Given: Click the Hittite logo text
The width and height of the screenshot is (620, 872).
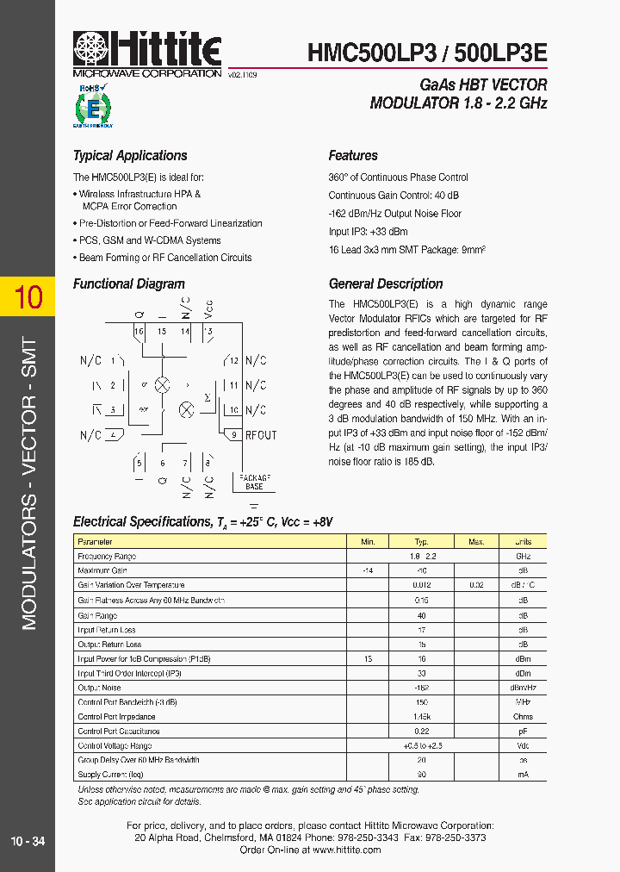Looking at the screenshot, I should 164,47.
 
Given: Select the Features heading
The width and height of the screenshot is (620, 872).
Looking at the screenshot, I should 353,156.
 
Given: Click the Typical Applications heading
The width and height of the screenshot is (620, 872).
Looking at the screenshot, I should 130,156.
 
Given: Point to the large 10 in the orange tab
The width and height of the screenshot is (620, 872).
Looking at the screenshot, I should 28,297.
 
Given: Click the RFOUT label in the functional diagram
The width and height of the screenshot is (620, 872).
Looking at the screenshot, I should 261,435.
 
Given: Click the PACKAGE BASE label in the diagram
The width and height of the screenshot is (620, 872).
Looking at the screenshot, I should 254,481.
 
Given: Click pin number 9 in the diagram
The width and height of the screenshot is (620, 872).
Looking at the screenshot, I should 233,435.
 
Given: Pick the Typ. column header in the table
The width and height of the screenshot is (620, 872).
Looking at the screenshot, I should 422,542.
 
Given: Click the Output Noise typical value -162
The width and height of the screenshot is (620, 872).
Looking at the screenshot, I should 422,688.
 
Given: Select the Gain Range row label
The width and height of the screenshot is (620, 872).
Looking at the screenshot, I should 97,615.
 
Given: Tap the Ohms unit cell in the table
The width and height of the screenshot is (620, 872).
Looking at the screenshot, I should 523,716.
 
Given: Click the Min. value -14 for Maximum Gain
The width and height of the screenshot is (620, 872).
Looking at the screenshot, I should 368,571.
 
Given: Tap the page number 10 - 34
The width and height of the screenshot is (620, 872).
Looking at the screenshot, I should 28,841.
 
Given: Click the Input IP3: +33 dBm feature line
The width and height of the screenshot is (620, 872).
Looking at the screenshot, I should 368,232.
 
